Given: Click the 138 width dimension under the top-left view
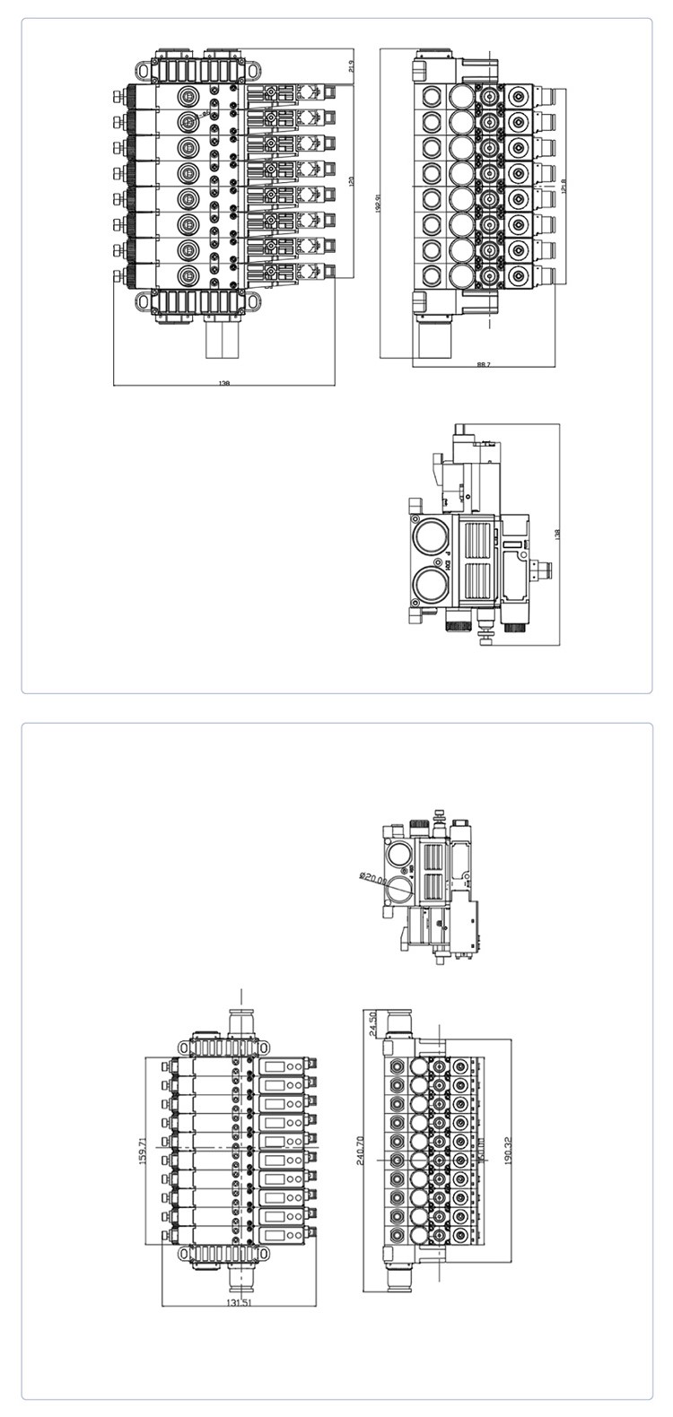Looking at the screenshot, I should pyautogui.click(x=224, y=383).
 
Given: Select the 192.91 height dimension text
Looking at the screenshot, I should pyautogui.click(x=380, y=204).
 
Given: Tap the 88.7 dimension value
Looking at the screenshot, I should pyautogui.click(x=483, y=364).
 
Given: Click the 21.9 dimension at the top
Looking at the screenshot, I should pyautogui.click(x=351, y=66).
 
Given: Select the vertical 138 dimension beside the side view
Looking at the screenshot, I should pyautogui.click(x=558, y=534).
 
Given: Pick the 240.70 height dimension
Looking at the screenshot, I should pyautogui.click(x=361, y=1150).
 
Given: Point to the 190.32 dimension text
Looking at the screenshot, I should pyautogui.click(x=509, y=1150).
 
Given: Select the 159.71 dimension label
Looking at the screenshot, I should pyautogui.click(x=142, y=1151).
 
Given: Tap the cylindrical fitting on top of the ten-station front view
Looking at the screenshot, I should pyautogui.click(x=241, y=1021).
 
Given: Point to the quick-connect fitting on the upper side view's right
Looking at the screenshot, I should pyautogui.click(x=542, y=567).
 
